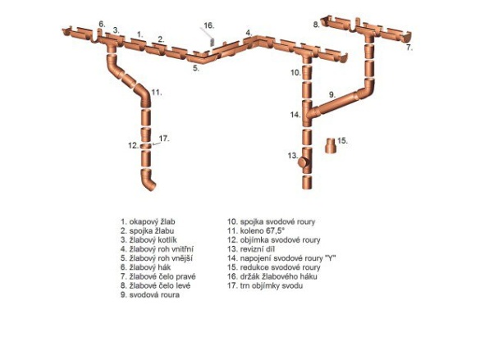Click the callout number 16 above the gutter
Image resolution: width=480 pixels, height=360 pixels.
[x=208, y=25]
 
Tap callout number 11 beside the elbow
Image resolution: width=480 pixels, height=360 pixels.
[x=157, y=92]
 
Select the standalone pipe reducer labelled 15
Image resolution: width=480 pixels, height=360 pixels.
[x=331, y=145]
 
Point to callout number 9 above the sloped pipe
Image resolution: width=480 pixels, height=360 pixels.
[x=332, y=94]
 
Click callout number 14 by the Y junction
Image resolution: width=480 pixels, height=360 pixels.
[x=295, y=115]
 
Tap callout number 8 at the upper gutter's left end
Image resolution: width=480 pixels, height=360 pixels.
[x=316, y=25]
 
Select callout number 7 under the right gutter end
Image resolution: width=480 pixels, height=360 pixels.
[x=409, y=48]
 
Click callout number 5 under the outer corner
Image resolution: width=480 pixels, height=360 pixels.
[x=196, y=68]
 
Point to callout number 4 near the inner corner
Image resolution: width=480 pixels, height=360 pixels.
[x=249, y=33]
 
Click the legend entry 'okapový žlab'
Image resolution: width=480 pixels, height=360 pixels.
[x=148, y=221]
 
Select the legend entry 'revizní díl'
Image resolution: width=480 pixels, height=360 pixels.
[x=251, y=249]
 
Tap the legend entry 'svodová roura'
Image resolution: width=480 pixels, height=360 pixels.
[x=150, y=295]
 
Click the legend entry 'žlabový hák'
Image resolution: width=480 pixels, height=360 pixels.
[x=146, y=267]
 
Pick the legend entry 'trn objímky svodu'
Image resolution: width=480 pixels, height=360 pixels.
[x=265, y=285]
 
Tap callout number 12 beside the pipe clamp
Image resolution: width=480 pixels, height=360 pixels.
[x=134, y=146]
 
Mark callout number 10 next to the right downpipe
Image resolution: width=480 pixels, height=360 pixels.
[x=296, y=72]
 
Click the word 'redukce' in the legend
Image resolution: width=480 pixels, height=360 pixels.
[x=253, y=267]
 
